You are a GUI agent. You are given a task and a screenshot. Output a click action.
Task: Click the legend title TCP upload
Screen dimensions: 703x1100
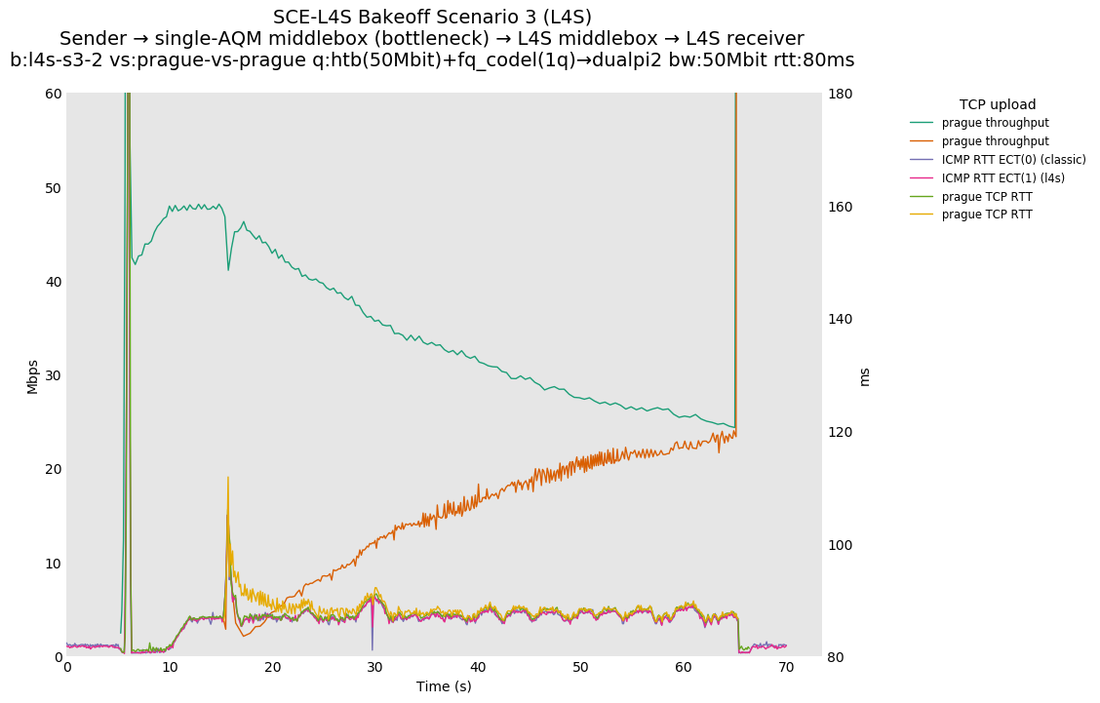[997, 104]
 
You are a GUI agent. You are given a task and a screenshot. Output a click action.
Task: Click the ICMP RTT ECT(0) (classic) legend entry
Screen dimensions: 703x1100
[1013, 160]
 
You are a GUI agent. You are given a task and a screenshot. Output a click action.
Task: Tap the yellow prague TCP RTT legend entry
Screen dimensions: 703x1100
[986, 215]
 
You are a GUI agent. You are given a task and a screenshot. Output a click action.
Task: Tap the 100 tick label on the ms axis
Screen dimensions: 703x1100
[842, 544]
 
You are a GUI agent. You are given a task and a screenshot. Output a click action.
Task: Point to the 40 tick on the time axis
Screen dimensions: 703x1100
[478, 667]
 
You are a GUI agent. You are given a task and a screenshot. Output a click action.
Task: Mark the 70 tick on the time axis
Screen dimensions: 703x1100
[786, 667]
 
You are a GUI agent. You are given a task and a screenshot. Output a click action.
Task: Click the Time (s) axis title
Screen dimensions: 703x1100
[444, 686]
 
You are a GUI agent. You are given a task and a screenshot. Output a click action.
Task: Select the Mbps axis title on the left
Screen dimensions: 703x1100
[32, 375]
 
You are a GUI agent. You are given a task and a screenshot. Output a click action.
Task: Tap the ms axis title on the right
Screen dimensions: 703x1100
[864, 375]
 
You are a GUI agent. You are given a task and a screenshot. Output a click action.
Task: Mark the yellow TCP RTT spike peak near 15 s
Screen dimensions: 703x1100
[228, 477]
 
